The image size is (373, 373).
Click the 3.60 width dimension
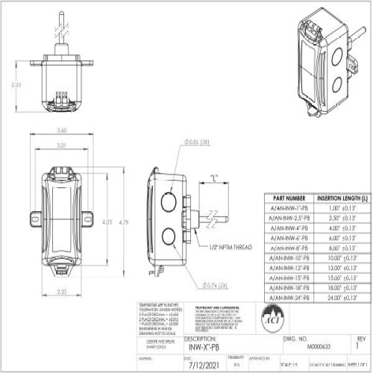click(62, 131)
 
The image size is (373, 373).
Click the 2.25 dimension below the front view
click(62, 292)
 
